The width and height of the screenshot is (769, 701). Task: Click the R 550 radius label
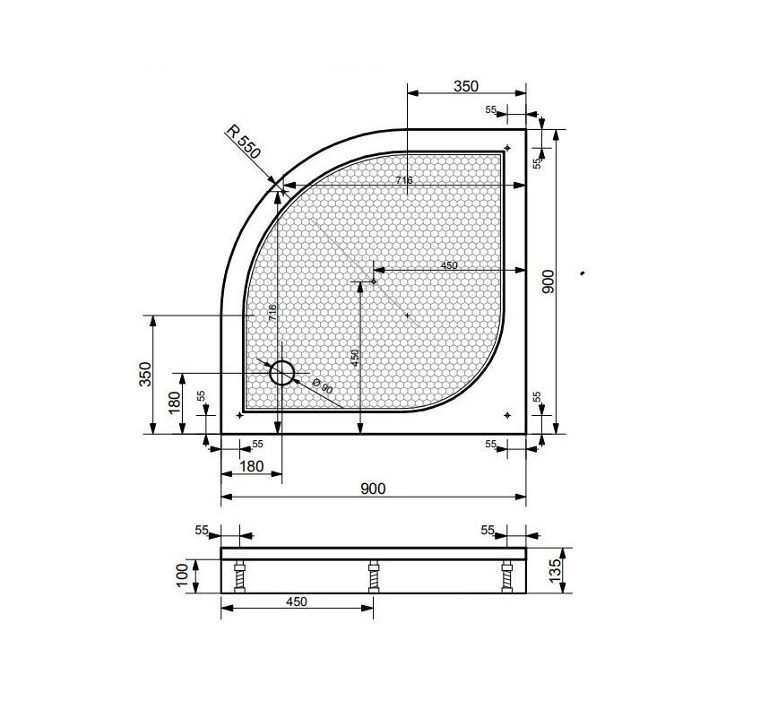coord(243,142)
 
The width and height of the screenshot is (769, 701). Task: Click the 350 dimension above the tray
coord(465,86)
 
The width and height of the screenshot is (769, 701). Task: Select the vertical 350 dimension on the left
coord(146,375)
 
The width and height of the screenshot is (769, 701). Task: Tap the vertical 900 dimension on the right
coord(549,281)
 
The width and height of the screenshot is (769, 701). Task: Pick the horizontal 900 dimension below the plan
coord(373,489)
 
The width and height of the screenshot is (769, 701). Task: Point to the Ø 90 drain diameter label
coord(323,386)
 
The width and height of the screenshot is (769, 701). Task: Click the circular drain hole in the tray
coord(282,373)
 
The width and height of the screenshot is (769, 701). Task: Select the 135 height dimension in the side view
coord(555,570)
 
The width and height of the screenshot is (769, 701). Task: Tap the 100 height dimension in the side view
coord(182,575)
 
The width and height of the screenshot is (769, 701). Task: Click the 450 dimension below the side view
coord(297,601)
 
